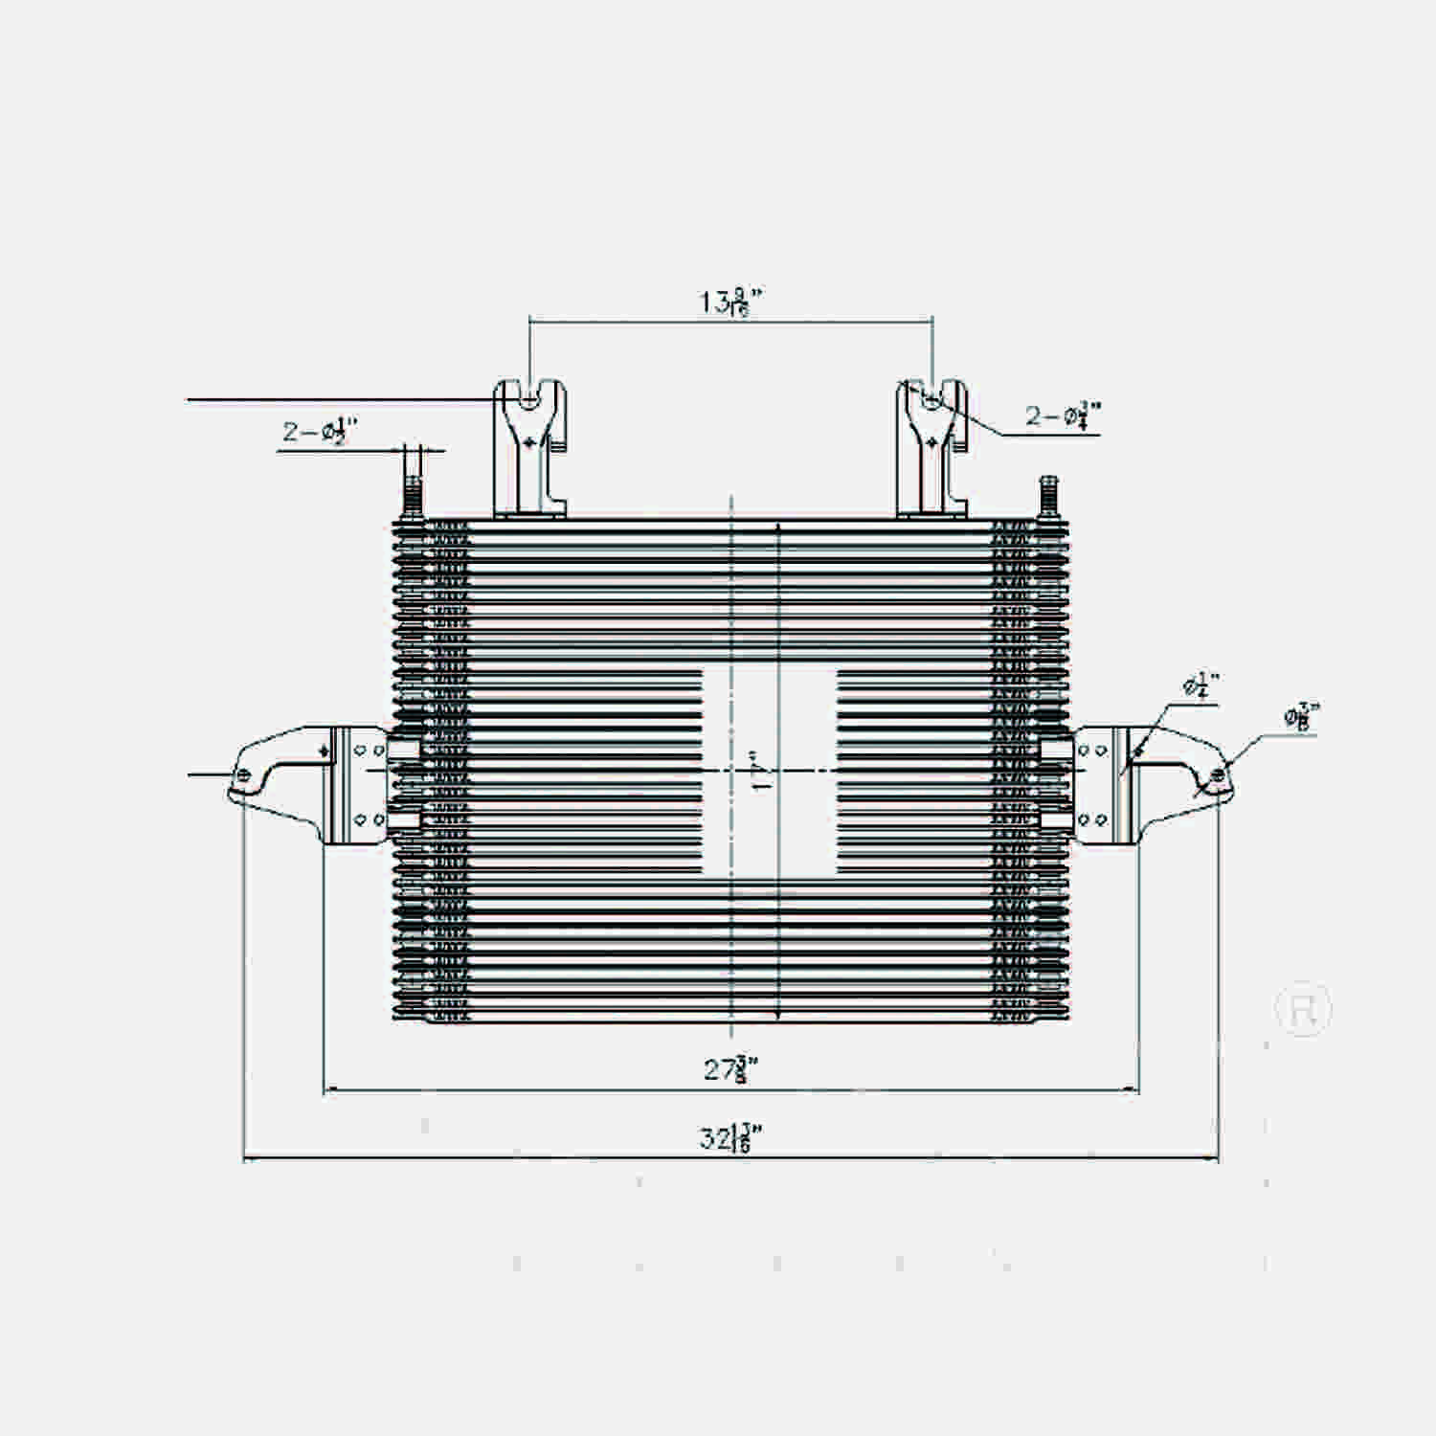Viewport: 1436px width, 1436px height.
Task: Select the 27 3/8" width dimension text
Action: [x=731, y=1068]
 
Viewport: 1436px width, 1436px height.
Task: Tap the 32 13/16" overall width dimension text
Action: [x=731, y=1138]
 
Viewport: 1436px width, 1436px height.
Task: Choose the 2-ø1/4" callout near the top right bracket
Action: [x=1063, y=415]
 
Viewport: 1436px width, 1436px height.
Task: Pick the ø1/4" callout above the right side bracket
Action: [x=1200, y=685]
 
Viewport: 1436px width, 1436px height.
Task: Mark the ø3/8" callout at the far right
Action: [x=1302, y=716]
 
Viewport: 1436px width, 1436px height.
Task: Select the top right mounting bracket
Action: [x=931, y=448]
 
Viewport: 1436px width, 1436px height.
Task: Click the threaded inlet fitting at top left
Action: [x=414, y=483]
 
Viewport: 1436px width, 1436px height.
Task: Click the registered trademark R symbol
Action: [x=1303, y=1009]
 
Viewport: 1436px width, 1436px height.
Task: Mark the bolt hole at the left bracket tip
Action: [x=243, y=774]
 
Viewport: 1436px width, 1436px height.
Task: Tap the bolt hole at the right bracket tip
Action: [x=1217, y=774]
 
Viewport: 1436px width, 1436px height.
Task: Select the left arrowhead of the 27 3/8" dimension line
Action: [x=328, y=1089]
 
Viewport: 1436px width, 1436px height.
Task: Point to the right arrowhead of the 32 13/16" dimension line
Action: [x=1216, y=1159]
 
